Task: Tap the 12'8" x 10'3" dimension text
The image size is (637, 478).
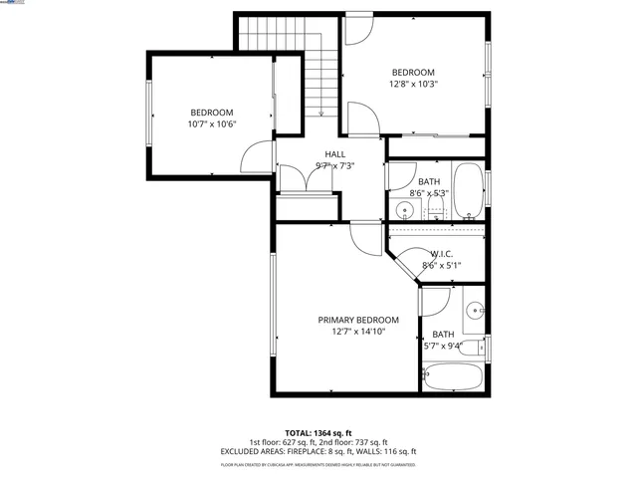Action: tap(413, 85)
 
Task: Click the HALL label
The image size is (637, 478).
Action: tap(334, 153)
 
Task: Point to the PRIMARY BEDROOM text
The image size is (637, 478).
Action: tap(358, 320)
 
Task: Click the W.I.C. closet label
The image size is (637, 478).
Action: tap(442, 254)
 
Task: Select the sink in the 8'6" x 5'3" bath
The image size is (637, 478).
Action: tap(405, 209)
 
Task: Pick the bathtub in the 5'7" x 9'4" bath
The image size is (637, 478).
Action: tap(454, 379)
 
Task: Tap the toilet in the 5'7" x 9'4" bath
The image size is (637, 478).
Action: tap(479, 347)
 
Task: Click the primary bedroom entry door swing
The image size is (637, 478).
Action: tap(364, 235)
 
